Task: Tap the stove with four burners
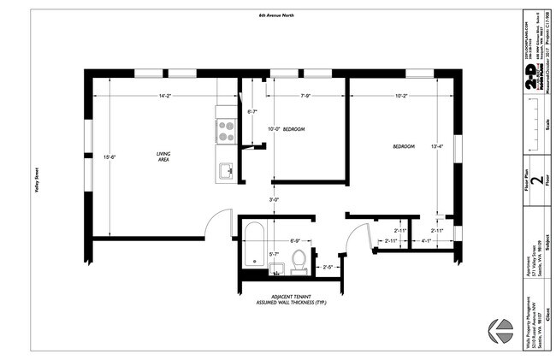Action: pyautogui.click(x=226, y=130)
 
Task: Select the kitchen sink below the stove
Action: pyautogui.click(x=225, y=170)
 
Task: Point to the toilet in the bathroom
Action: pyautogui.click(x=299, y=260)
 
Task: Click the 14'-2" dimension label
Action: pyautogui.click(x=163, y=96)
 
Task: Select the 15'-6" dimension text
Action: pyautogui.click(x=107, y=157)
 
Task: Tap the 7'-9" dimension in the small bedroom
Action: pyautogui.click(x=305, y=96)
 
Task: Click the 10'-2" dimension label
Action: pyautogui.click(x=400, y=96)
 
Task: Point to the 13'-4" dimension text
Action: pyautogui.click(x=437, y=146)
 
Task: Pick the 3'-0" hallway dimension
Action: pyautogui.click(x=274, y=200)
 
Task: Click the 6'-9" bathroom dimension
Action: pyautogui.click(x=295, y=242)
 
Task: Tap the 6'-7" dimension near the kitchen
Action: pyautogui.click(x=252, y=112)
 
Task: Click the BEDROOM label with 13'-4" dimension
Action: pyautogui.click(x=403, y=146)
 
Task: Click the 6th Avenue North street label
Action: pyautogui.click(x=276, y=15)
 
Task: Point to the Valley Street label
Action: pyautogui.click(x=38, y=180)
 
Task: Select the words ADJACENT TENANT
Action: pyautogui.click(x=291, y=295)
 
